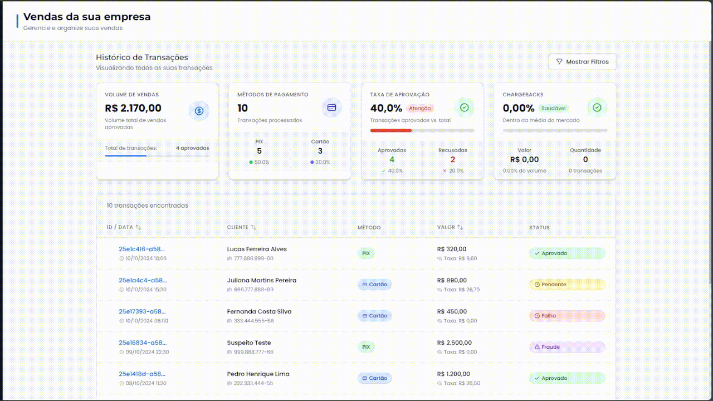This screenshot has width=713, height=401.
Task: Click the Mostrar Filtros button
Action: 582,62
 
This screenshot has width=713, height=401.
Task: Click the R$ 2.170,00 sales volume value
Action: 133,108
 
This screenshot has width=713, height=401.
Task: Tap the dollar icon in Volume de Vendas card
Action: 199,111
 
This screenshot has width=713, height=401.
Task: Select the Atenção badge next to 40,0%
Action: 420,109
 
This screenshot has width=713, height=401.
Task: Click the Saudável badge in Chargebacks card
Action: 553,109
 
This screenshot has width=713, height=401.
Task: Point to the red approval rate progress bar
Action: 391,130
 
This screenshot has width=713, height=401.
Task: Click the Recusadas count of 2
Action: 452,160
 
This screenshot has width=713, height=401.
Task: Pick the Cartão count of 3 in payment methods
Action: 320,151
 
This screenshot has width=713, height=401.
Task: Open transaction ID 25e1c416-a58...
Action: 142,249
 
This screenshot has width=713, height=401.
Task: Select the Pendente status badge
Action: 567,285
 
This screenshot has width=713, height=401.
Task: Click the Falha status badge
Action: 567,316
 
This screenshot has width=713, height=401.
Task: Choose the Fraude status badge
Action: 567,347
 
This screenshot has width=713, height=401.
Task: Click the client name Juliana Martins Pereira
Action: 261,280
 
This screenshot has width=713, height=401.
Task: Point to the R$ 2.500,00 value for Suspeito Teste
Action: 454,343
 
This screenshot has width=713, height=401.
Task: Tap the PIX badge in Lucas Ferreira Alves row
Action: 366,253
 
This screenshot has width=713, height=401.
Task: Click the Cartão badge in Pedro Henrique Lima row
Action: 374,378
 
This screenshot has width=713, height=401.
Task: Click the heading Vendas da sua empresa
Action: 87,17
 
